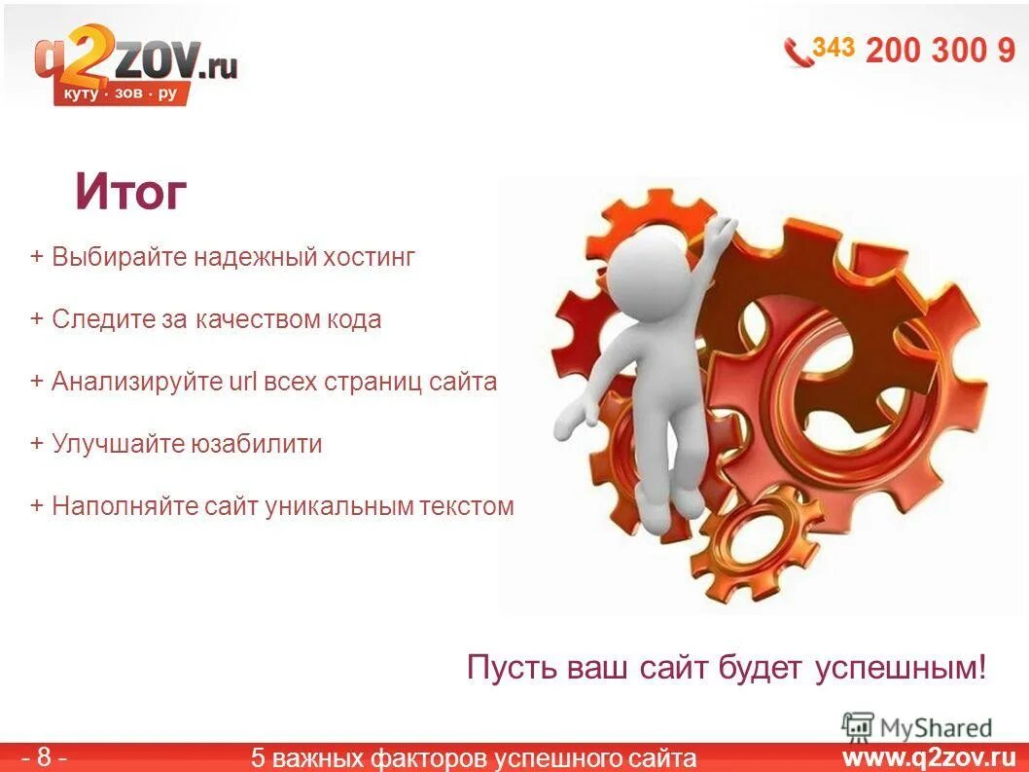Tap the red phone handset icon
[x=798, y=51]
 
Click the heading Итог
[x=130, y=193]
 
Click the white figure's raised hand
[x=721, y=231]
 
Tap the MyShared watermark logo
[x=917, y=727]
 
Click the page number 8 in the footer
[x=45, y=757]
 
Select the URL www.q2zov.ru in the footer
[x=928, y=757]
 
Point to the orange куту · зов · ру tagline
[x=121, y=93]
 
